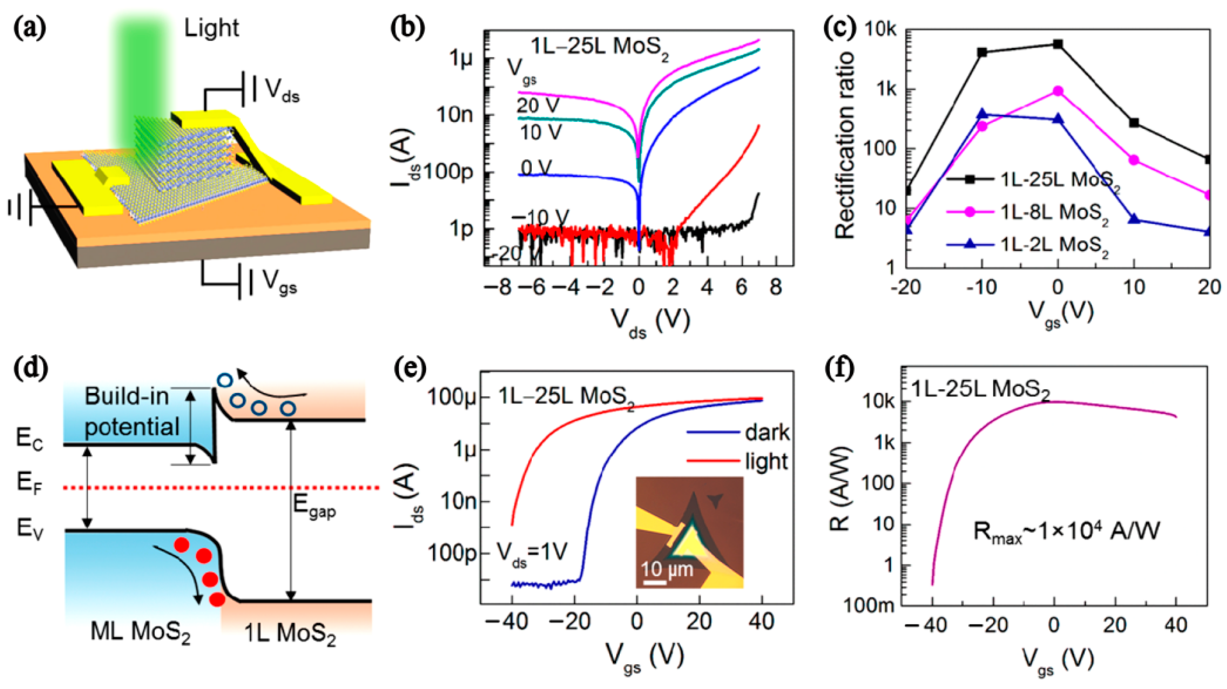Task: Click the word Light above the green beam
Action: point(211,29)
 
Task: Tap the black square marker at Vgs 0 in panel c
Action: point(1057,44)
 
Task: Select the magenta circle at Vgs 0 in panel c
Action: point(1057,91)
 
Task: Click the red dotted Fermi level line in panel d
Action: point(238,488)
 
